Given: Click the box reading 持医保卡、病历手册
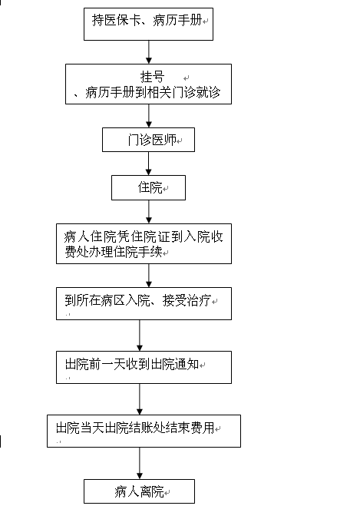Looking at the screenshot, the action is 148,24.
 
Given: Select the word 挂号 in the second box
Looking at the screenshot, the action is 152,77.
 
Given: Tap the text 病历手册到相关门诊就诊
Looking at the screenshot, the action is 153,92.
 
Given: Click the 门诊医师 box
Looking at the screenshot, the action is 148,140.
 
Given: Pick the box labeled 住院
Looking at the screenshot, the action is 148,187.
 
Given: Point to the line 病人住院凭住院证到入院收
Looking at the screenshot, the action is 144,237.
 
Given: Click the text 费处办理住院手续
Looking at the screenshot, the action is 113,252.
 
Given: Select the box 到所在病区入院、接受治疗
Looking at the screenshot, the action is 144,303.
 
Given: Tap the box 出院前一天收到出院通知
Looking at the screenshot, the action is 144,368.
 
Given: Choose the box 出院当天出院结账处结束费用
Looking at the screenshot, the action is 144,431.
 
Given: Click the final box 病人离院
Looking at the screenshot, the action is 139,491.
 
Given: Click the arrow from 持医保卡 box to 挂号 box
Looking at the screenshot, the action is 149,52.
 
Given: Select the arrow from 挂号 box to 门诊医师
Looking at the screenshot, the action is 149,116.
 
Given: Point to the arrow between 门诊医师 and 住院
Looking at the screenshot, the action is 149,164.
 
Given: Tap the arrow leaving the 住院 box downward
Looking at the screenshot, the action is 149,212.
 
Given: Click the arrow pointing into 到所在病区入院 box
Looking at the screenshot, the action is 149,276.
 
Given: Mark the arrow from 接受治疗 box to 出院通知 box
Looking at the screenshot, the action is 139,336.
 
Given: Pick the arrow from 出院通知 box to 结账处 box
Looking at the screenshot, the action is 139,399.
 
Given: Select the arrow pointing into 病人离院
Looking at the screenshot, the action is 139,464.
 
